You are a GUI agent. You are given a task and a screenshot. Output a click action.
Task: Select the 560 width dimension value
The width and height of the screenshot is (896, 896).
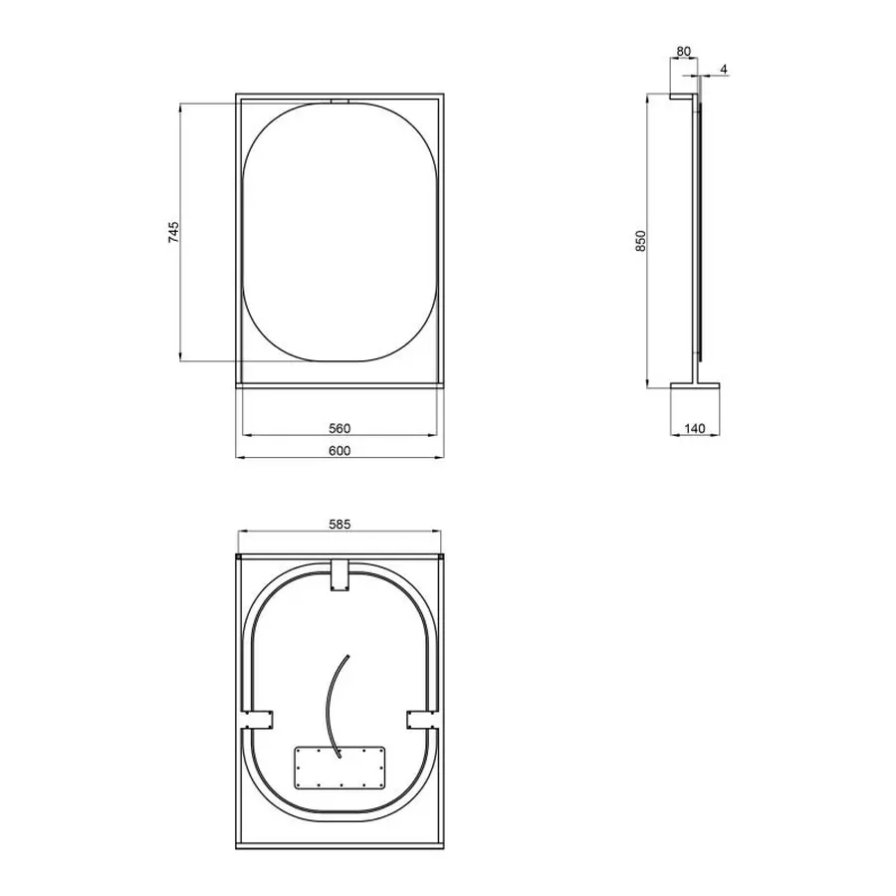coord(339,428)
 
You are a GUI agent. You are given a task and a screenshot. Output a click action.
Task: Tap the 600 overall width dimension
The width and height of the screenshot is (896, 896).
coord(339,451)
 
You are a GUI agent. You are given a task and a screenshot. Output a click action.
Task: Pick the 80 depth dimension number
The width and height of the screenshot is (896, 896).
coord(683,51)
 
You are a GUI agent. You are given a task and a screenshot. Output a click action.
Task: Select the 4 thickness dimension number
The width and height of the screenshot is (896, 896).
coord(724,69)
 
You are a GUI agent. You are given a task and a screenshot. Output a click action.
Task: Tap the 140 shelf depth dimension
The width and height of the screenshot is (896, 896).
coord(695,428)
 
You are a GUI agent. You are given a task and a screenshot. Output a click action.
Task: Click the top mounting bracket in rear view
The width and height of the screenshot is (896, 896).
coord(339,576)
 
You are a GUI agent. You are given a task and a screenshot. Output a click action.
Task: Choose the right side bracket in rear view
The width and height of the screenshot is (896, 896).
coord(419,719)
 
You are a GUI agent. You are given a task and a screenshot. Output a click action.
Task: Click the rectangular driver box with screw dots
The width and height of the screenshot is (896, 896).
coord(339,767)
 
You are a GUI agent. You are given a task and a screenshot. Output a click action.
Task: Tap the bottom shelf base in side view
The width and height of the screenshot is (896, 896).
coord(695,385)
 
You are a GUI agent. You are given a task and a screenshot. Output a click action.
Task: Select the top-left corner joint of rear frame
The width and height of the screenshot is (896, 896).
coord(238,557)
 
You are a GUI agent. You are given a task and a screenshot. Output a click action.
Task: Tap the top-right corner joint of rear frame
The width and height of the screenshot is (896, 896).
coord(441,557)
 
